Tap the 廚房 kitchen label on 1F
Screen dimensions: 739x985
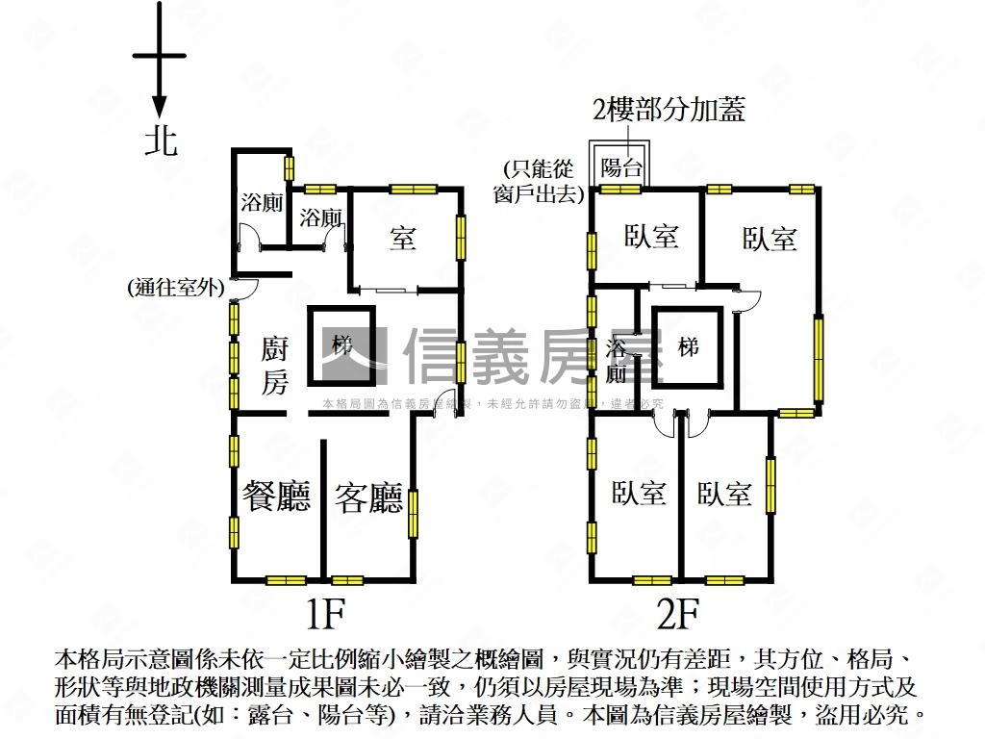pyautogui.click(x=275, y=366)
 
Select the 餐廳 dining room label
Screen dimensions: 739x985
pyautogui.click(x=277, y=497)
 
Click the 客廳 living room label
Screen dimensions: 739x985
pyautogui.click(x=368, y=497)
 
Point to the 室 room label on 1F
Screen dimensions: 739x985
pyautogui.click(x=403, y=237)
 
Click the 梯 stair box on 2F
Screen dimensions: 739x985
pyautogui.click(x=687, y=346)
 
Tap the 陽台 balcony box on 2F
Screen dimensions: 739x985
pyautogui.click(x=620, y=166)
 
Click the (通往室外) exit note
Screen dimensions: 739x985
pyautogui.click(x=174, y=287)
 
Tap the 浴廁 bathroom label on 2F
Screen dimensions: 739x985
pyautogui.click(x=617, y=361)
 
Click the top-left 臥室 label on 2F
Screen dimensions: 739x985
pyautogui.click(x=651, y=237)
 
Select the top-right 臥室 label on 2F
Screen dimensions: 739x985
pyautogui.click(x=770, y=239)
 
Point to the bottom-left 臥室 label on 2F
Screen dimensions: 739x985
pyautogui.click(x=640, y=494)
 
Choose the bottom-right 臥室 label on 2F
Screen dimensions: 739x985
pyautogui.click(x=724, y=495)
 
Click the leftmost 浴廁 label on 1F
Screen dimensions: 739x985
pyautogui.click(x=261, y=203)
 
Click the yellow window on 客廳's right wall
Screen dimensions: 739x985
pyautogui.click(x=414, y=513)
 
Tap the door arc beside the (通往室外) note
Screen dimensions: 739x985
pyautogui.click(x=242, y=287)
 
